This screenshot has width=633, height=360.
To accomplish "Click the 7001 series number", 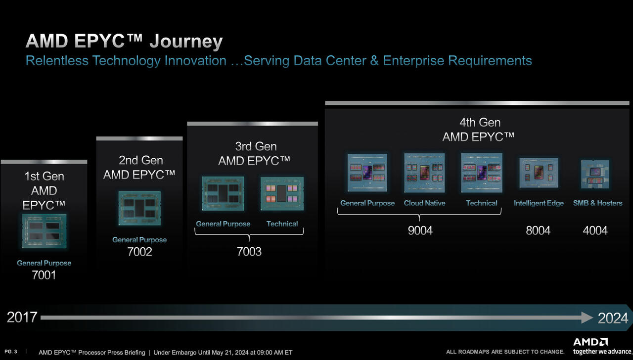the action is tap(44, 275).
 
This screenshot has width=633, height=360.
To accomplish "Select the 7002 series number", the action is tap(139, 252).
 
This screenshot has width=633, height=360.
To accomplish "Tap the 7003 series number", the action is tap(249, 252).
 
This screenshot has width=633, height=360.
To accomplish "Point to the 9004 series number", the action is tap(420, 230).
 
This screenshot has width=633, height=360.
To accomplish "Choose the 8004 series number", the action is tap(538, 230).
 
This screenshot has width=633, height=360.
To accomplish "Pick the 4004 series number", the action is tap(595, 230).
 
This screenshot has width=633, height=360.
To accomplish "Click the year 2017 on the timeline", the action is tap(22, 317).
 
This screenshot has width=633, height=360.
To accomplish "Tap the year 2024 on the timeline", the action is tap(613, 318).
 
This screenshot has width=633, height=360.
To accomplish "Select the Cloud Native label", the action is tap(424, 203).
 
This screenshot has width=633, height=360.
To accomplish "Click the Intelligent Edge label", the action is tap(539, 203).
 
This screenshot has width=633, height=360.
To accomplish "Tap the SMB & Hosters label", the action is tap(598, 203).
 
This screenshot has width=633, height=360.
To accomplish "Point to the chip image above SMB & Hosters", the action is tap(595, 174).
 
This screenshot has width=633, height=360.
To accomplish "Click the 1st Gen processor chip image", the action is tap(45, 231).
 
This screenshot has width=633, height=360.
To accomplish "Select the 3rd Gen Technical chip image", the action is tap(282, 193).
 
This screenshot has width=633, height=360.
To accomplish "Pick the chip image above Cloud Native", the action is tap(424, 173).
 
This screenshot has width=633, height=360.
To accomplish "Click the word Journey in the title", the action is tap(186, 42).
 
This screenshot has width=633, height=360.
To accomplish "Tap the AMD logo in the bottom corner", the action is tap(590, 342).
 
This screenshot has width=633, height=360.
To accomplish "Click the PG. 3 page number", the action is tap(11, 352).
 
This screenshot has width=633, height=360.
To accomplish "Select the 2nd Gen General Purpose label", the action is tap(139, 240).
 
